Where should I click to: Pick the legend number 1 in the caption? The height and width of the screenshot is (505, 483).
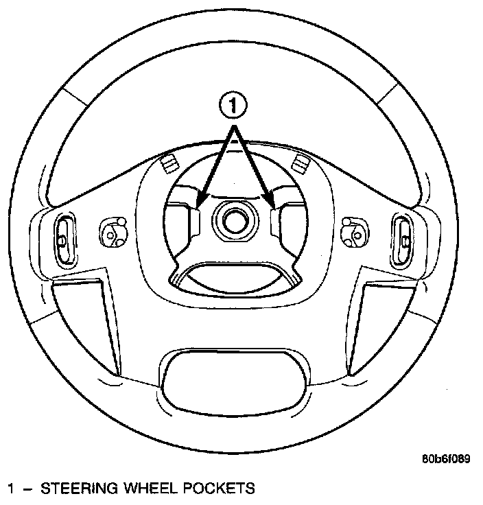pos(11,489)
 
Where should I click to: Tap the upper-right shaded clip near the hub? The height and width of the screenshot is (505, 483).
pos(298,163)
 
